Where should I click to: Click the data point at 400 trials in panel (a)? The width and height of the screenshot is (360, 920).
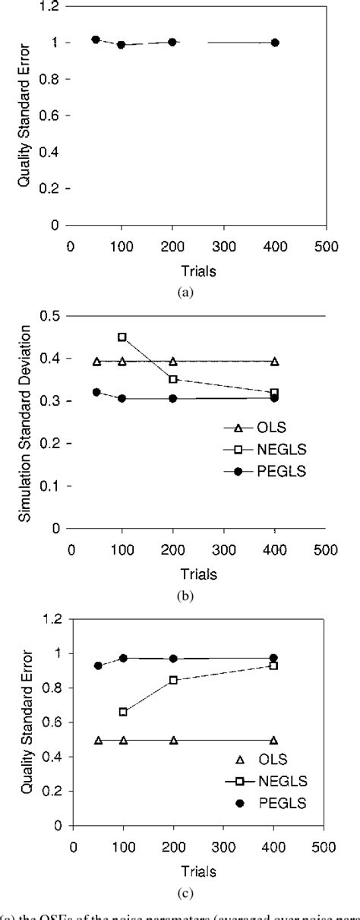point(275,43)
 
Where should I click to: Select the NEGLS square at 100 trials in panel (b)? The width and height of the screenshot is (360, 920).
point(122,337)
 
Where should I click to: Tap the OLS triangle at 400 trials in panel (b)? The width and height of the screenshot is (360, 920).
point(275,362)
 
